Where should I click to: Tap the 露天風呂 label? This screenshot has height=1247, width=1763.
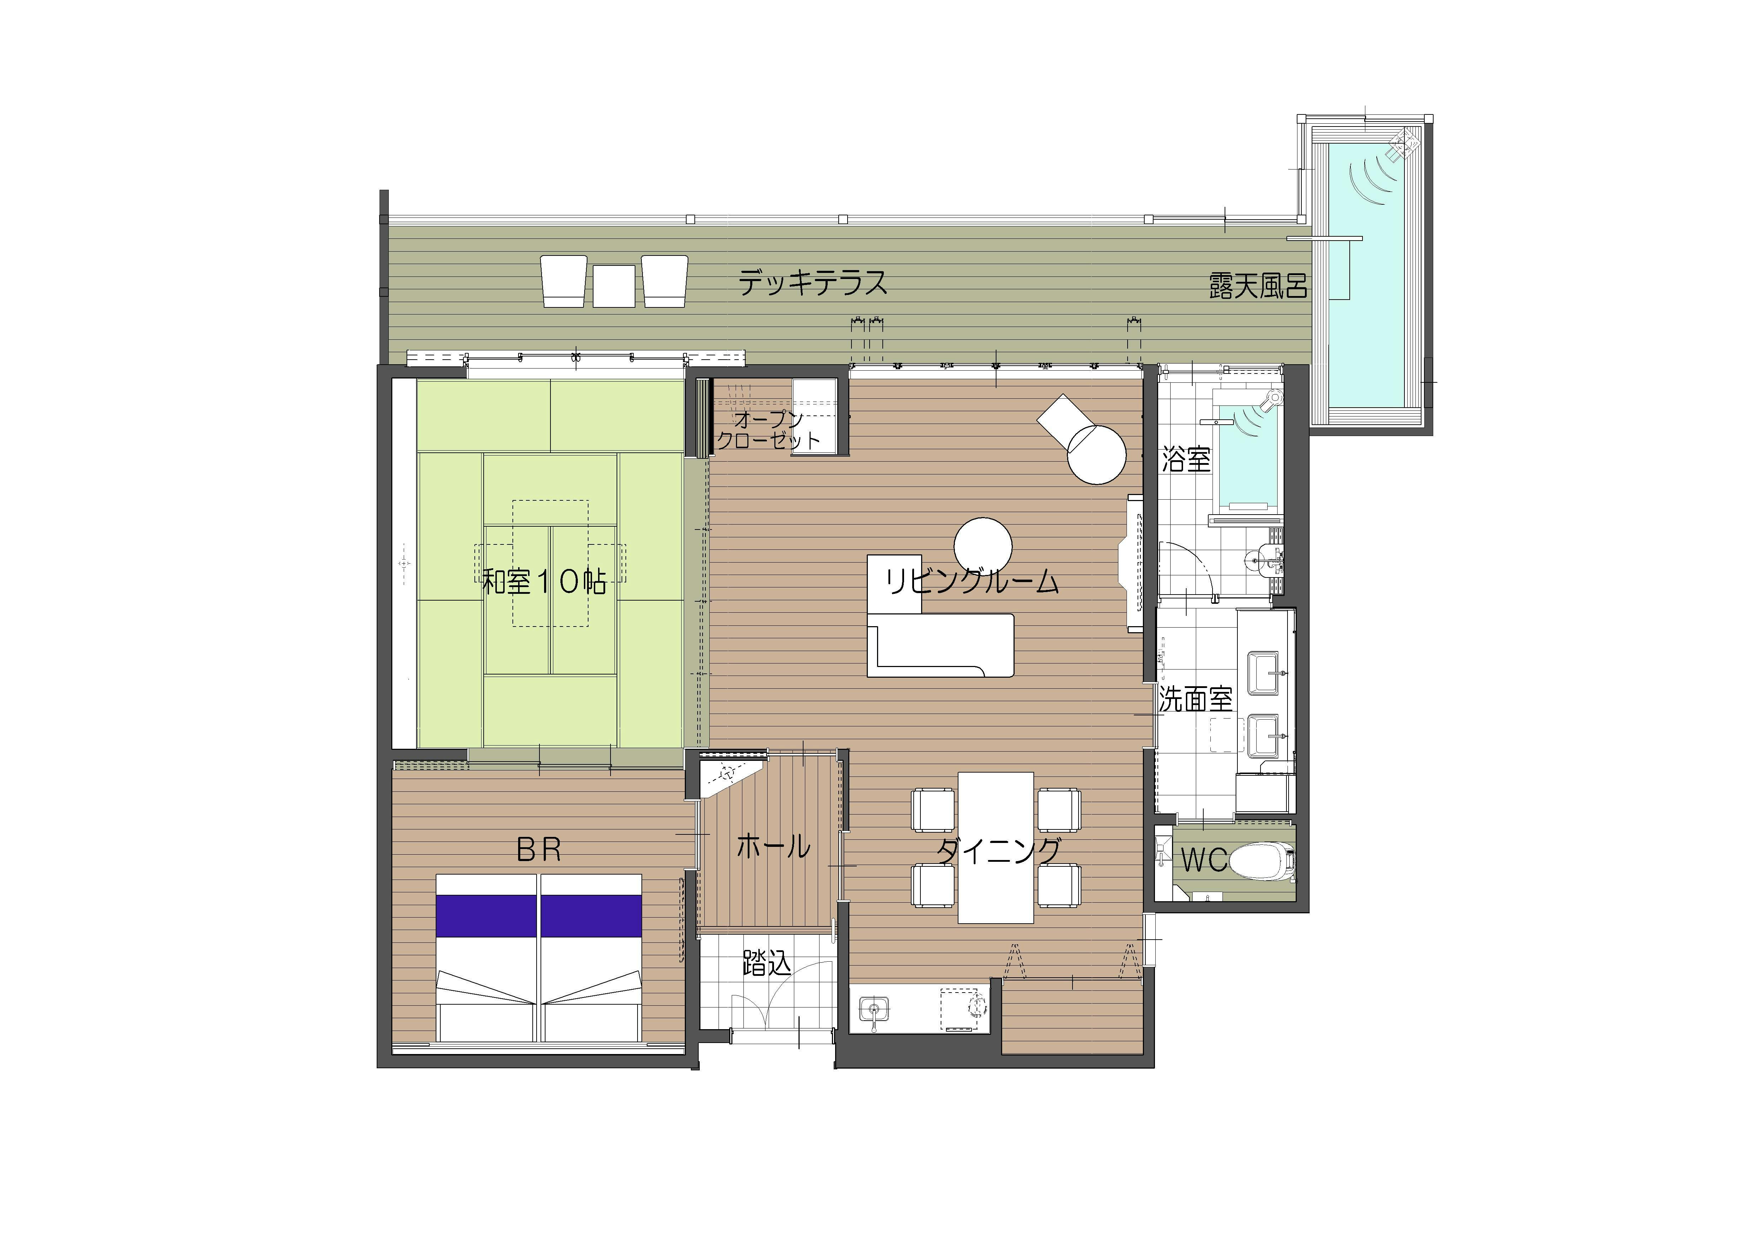(x=1258, y=286)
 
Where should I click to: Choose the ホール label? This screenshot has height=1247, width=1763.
(x=773, y=846)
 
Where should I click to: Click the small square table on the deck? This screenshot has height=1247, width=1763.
(x=614, y=286)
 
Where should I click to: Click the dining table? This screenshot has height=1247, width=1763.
(x=996, y=847)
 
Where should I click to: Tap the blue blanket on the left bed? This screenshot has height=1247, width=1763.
(x=486, y=916)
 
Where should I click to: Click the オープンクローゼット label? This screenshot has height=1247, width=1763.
(x=768, y=430)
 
